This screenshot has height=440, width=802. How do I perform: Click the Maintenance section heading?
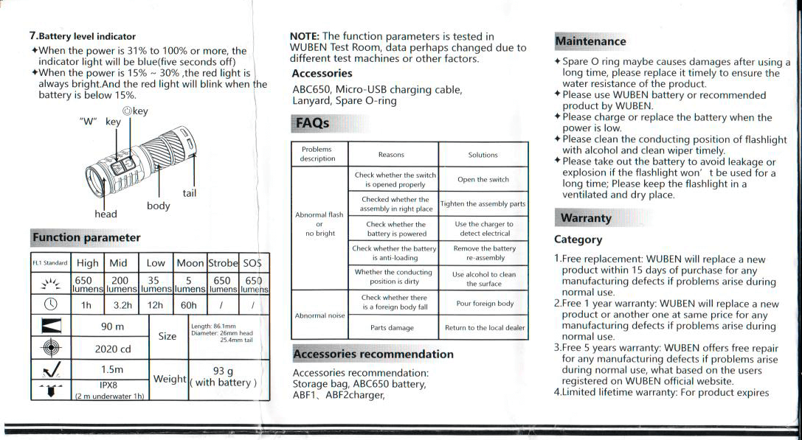coord(590,42)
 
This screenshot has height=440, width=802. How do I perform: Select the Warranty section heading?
coord(586,218)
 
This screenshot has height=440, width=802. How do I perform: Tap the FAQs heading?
coord(312,123)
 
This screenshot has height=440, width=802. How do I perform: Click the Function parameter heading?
coord(86,237)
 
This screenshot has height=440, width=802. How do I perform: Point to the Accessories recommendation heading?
coord(373,354)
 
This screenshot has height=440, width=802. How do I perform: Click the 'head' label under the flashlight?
coord(106,214)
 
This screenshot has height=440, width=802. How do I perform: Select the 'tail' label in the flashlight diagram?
coord(190,193)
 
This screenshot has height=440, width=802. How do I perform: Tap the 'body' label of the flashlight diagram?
coord(159,206)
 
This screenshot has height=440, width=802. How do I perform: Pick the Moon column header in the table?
coord(190,263)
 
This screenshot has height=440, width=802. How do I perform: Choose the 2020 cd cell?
coord(111,349)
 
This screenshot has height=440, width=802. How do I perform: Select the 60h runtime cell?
coord(189,304)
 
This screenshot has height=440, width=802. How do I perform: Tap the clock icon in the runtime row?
coord(50,304)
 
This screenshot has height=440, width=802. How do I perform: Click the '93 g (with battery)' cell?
coord(223,377)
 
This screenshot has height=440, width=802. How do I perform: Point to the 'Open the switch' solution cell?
coord(483,180)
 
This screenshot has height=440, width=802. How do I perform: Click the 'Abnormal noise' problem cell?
coord(319,315)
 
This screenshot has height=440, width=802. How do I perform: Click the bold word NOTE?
coord(304,36)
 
